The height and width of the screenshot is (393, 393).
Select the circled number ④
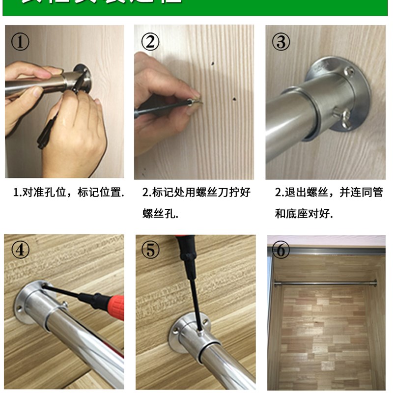[x=20, y=251]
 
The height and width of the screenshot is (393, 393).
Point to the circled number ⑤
[x=150, y=251]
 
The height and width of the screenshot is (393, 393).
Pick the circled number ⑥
[x=281, y=251]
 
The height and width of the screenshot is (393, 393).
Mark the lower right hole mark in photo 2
[x=235, y=97]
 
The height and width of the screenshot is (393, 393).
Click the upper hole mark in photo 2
[x=212, y=63]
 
